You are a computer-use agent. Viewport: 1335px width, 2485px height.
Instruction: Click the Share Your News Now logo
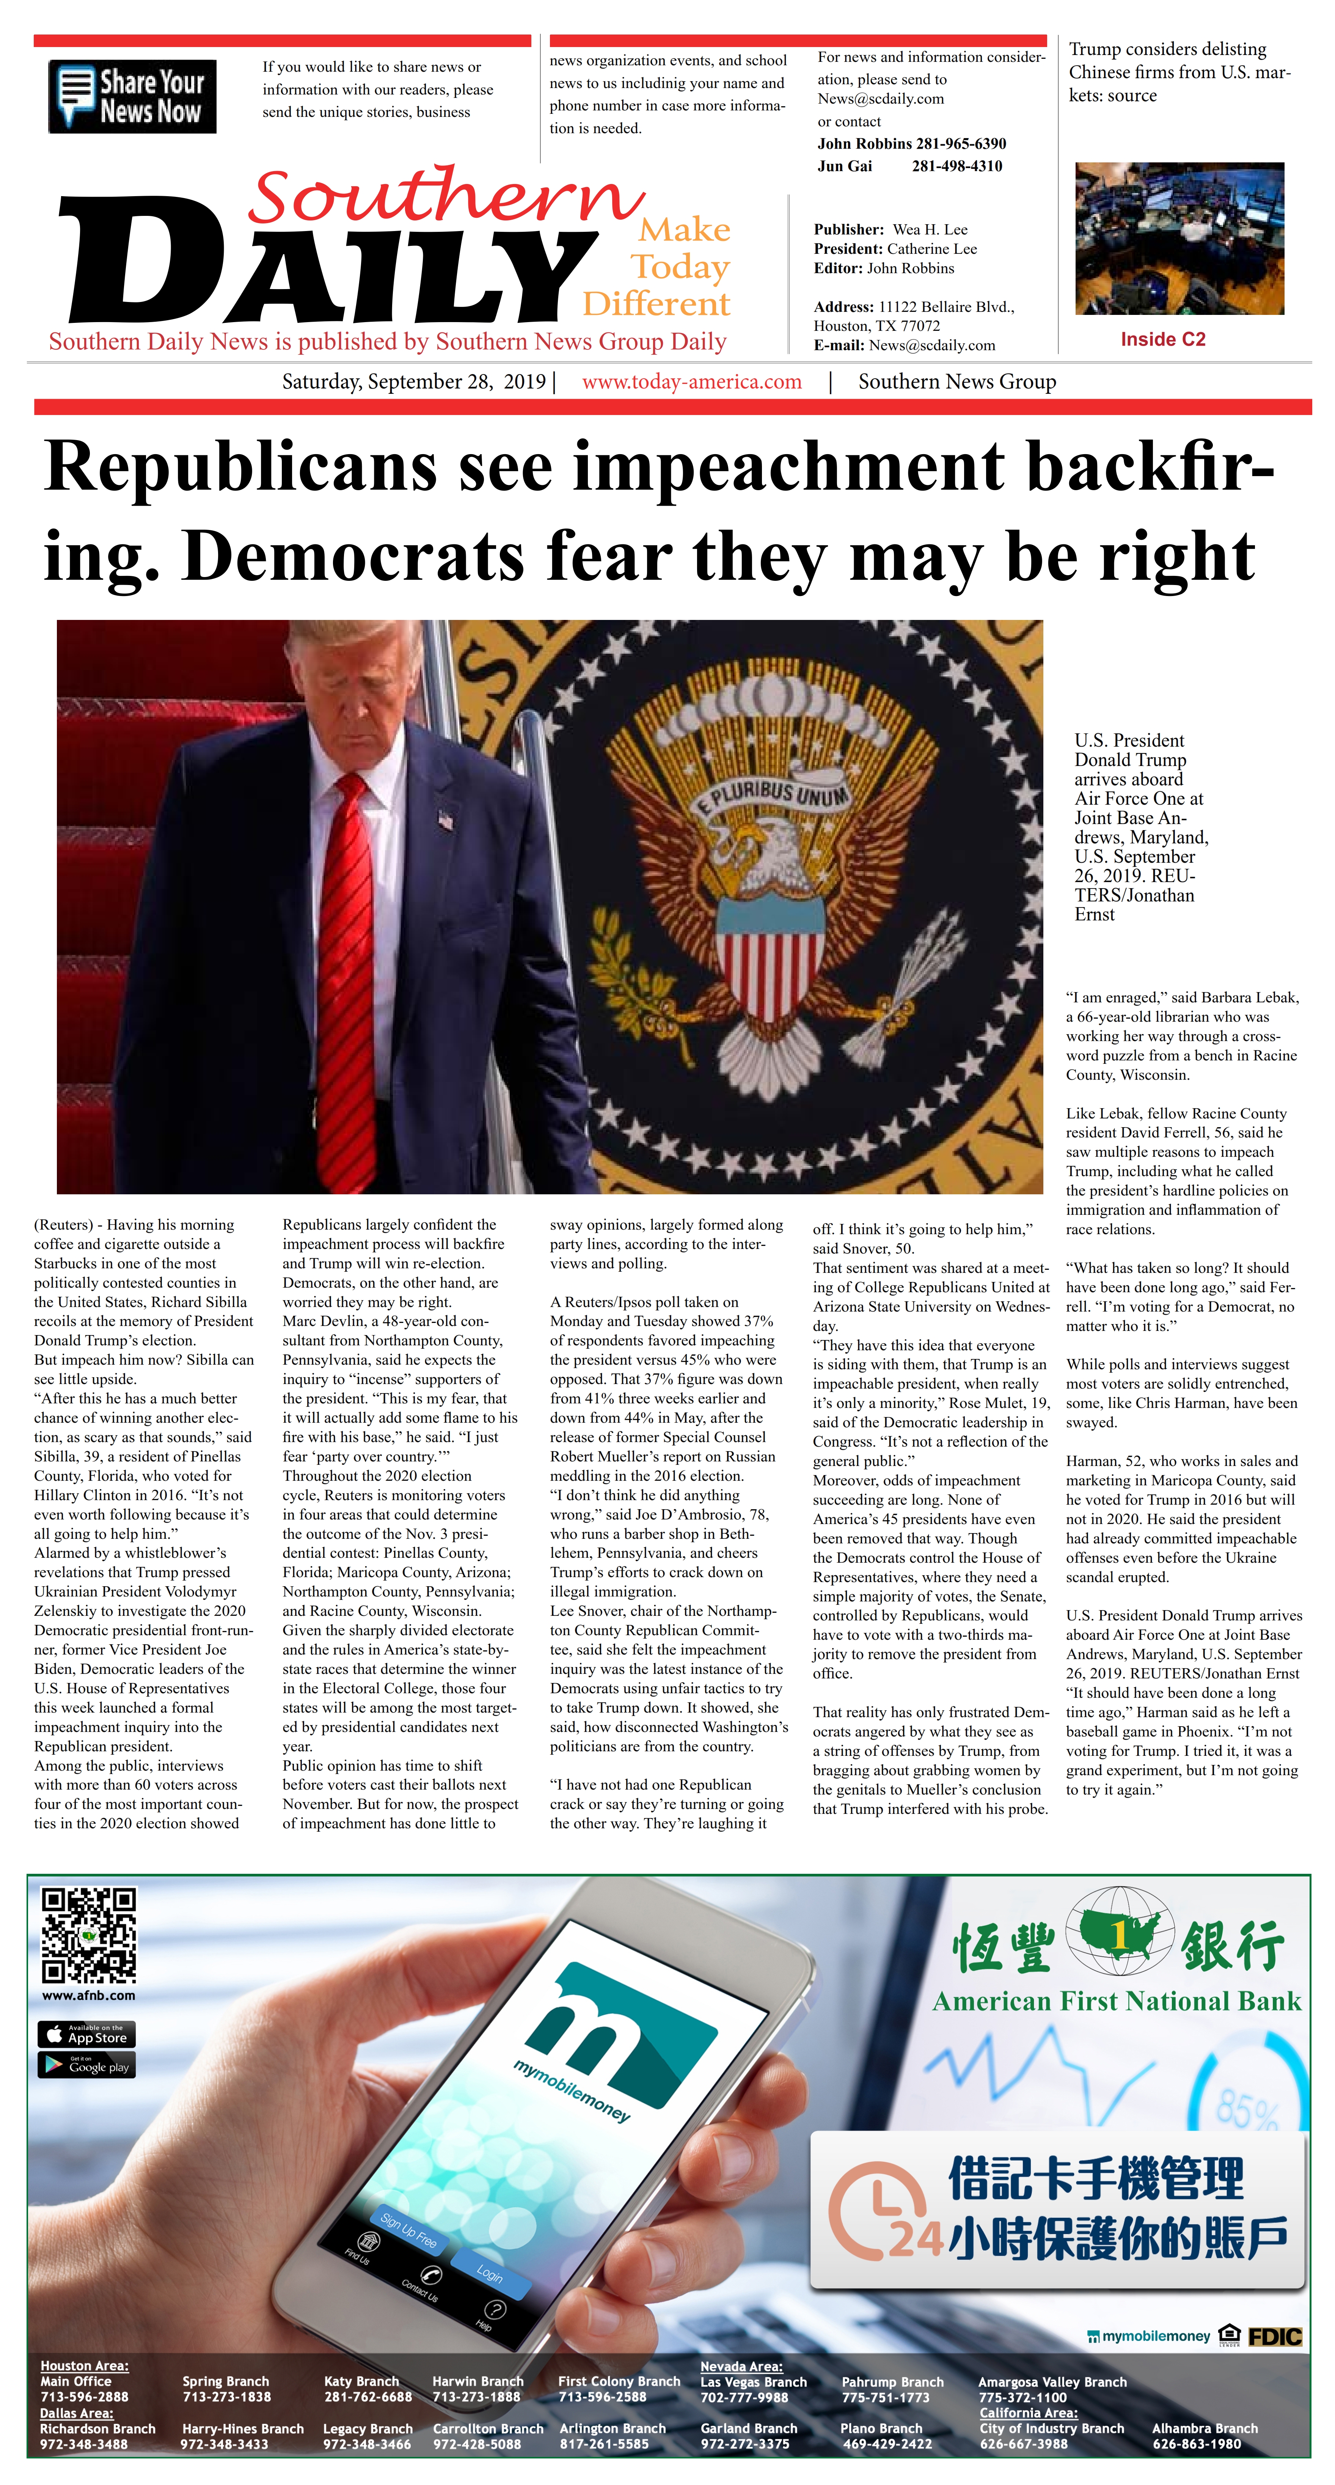click(x=132, y=96)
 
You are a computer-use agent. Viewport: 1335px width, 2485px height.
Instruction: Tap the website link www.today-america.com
click(x=692, y=382)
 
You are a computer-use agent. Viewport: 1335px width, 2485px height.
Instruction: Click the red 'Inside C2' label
click(x=1162, y=340)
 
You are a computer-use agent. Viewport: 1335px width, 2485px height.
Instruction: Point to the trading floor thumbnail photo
click(x=1179, y=238)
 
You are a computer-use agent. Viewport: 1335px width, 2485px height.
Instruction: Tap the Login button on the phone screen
click(x=489, y=2274)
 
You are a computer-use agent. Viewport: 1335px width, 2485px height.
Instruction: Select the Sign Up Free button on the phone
click(x=408, y=2229)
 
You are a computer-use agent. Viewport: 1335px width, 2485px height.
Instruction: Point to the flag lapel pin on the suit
click(x=444, y=821)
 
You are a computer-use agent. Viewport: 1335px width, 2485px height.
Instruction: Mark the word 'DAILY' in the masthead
click(x=328, y=265)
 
